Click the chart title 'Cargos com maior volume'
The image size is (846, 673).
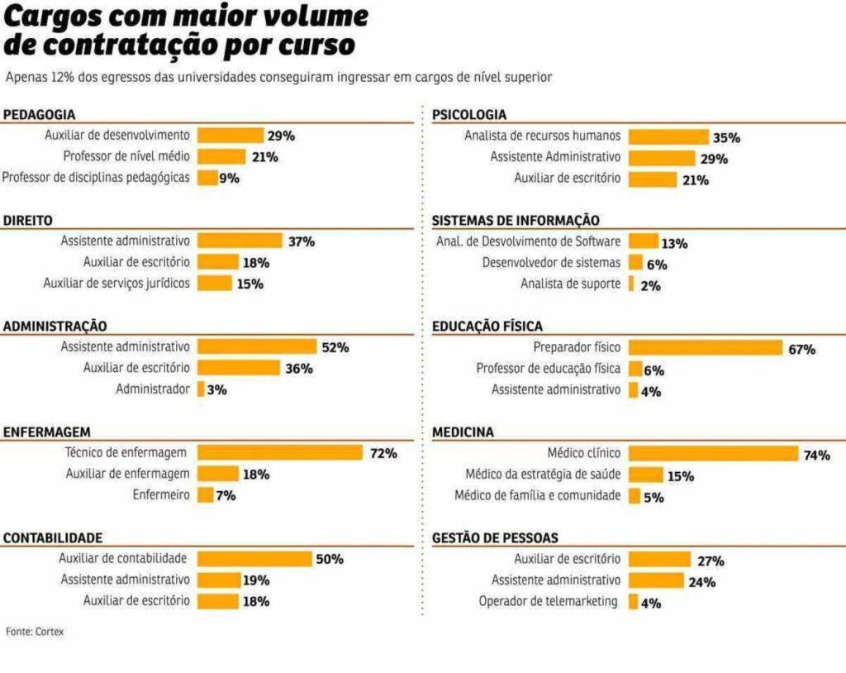[187, 17]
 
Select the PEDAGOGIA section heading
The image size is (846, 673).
[39, 115]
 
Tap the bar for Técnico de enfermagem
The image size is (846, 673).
[279, 452]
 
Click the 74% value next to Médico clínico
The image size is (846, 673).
[816, 455]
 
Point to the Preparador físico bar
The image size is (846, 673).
[705, 348]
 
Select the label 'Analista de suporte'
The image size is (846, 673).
[570, 284]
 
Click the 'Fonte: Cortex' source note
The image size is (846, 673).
[35, 631]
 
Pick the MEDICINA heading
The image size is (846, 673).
[463, 432]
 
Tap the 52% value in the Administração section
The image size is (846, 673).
[335, 348]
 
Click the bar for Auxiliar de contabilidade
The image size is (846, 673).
[254, 559]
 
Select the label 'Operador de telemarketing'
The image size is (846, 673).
[549, 602]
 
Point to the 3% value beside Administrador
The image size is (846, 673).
[216, 389]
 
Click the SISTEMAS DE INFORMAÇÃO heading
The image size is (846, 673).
[516, 221]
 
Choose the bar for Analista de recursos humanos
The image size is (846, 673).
[668, 136]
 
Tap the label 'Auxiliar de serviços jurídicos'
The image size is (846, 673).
[116, 284]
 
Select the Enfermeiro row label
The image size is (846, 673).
[161, 495]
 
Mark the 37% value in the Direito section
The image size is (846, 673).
[301, 242]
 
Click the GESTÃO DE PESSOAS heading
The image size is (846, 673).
[495, 538]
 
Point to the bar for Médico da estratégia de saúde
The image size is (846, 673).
[645, 475]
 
